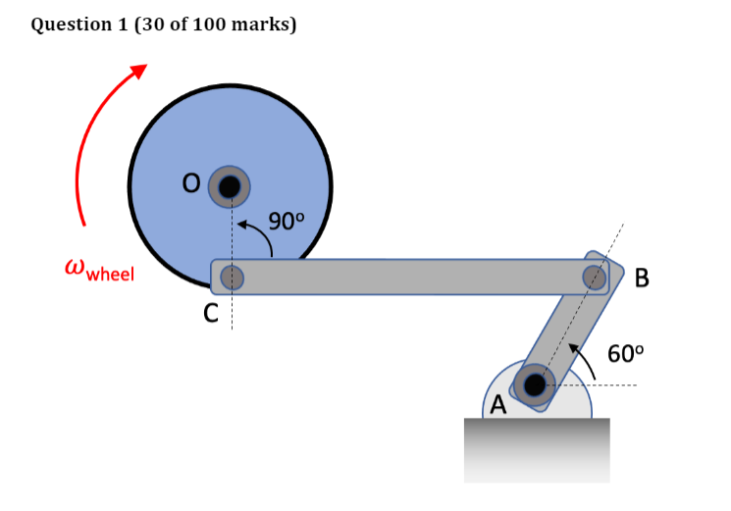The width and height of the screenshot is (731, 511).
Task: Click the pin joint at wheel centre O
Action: (231, 185)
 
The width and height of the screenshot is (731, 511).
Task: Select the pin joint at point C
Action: (232, 278)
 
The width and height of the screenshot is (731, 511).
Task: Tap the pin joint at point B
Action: (595, 276)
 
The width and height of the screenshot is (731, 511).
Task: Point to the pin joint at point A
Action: (535, 384)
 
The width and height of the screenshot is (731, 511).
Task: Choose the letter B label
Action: (643, 279)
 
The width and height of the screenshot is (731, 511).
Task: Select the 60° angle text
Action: (625, 354)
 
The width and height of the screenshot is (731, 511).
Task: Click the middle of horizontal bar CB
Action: (412, 277)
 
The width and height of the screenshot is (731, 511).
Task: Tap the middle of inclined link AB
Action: (565, 330)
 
